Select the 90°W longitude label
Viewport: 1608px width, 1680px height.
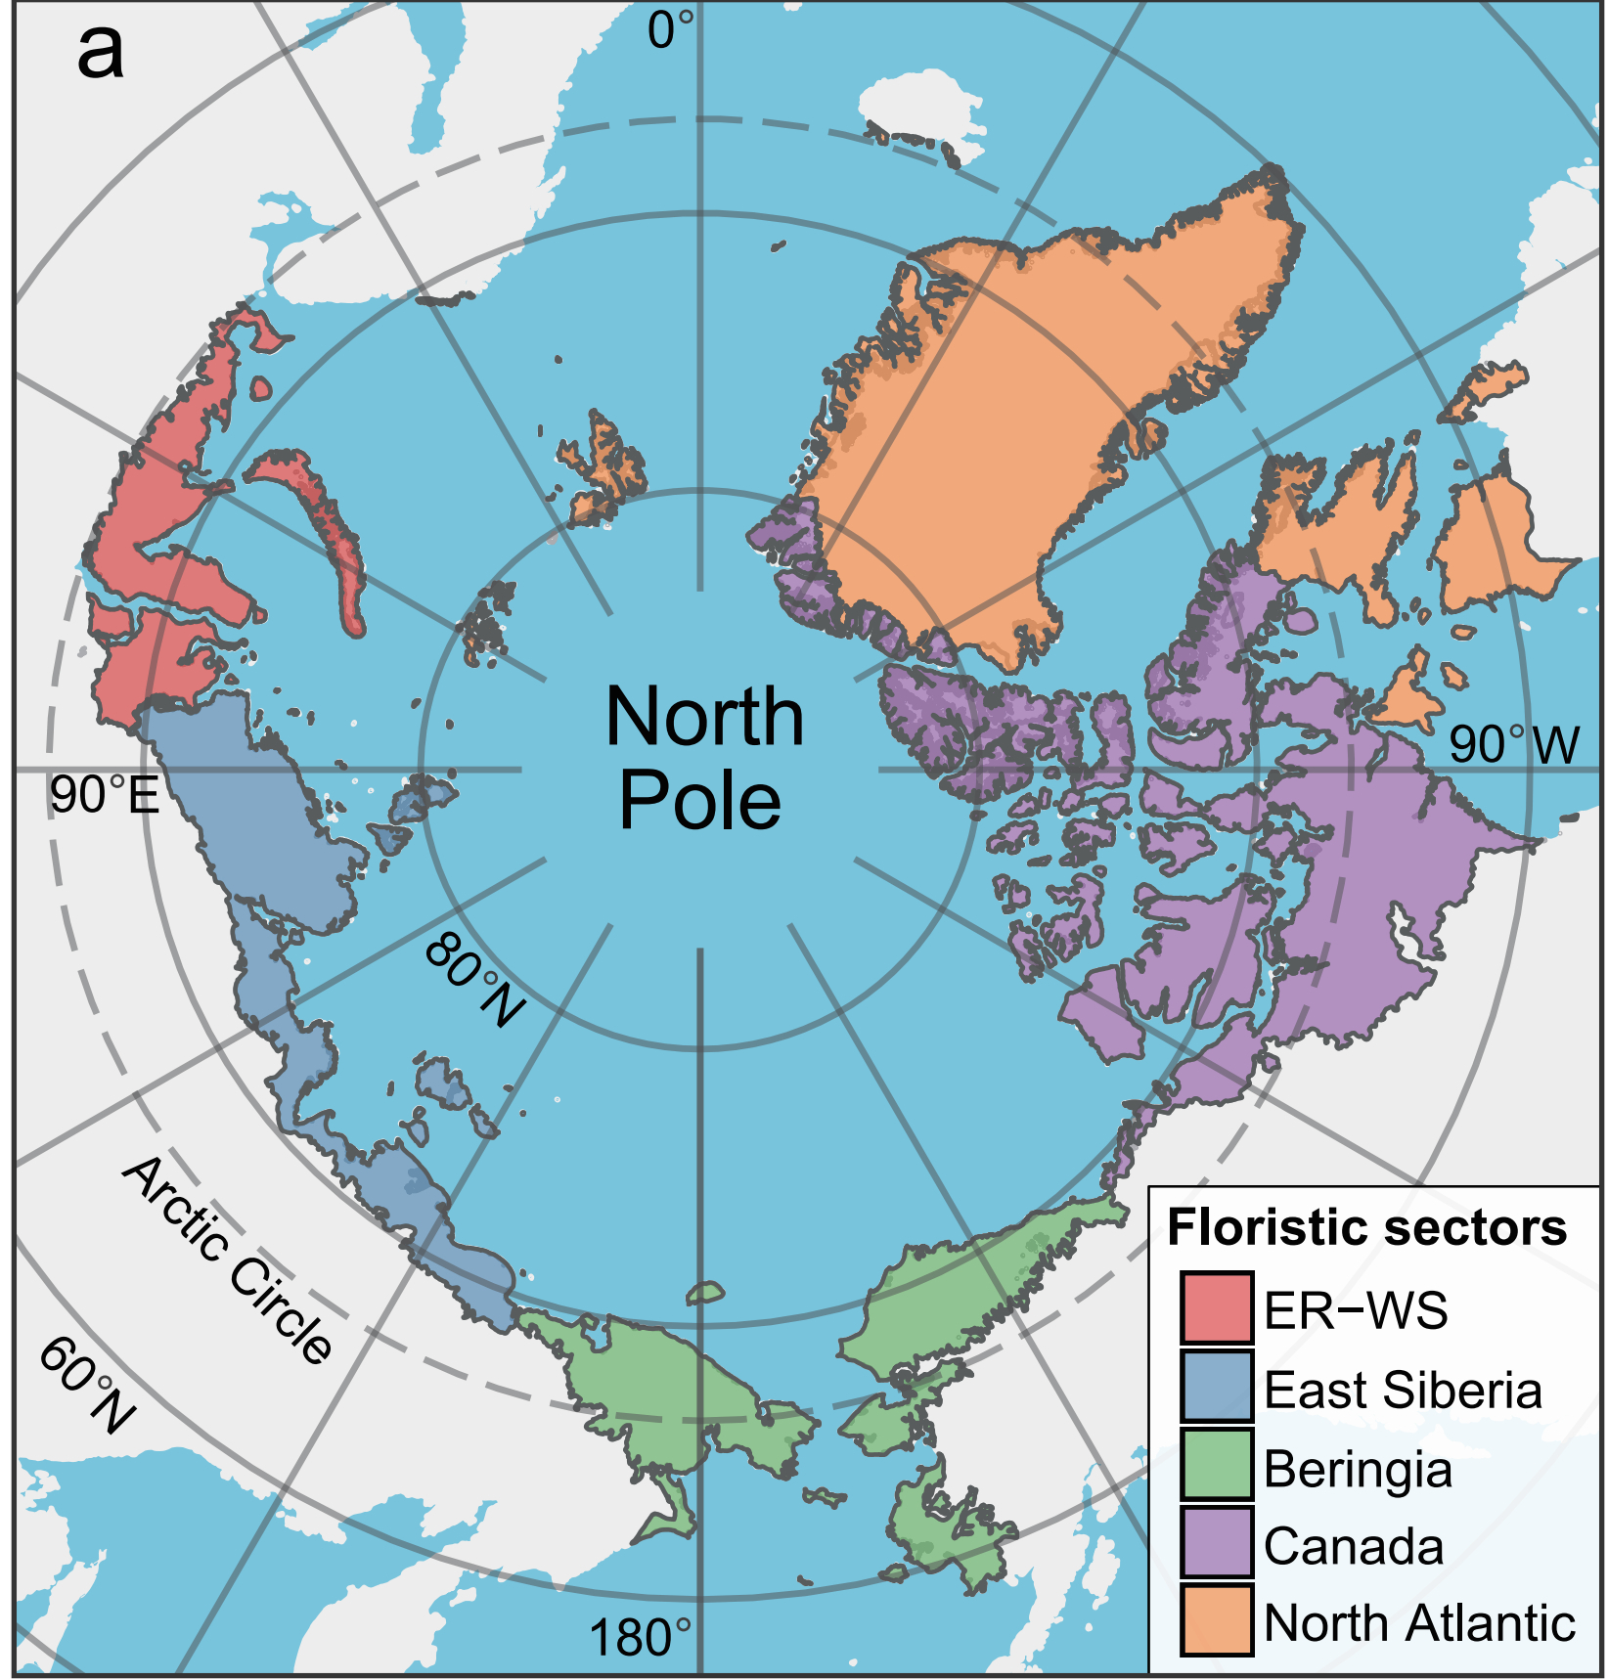click(x=1513, y=744)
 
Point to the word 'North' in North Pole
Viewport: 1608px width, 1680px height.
click(x=704, y=717)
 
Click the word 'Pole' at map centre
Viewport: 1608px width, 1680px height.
click(x=700, y=801)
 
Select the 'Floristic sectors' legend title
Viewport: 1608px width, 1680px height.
click(x=1366, y=1227)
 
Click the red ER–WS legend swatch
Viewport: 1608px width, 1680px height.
click(x=1216, y=1308)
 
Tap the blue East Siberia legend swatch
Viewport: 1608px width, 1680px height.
click(x=1216, y=1387)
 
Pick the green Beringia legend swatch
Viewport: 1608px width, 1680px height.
click(x=1216, y=1465)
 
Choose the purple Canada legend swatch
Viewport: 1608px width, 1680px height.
click(x=1216, y=1543)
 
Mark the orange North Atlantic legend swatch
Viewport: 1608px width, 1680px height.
click(x=1216, y=1621)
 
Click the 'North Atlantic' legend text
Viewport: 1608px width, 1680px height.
click(x=1419, y=1623)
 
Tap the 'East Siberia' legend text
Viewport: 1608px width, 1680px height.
click(x=1403, y=1390)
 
